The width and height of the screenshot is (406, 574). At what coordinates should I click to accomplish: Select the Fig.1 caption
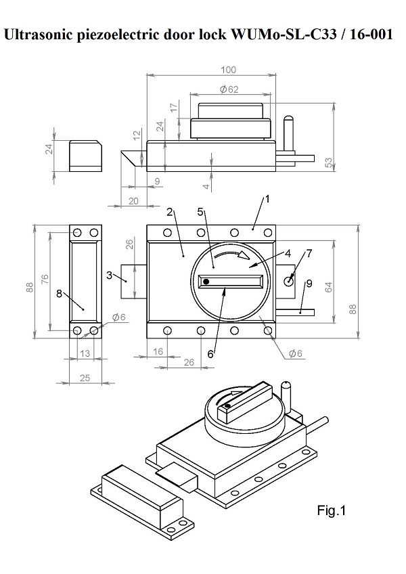[x=331, y=511]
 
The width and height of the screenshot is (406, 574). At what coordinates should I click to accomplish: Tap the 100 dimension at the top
[x=229, y=70]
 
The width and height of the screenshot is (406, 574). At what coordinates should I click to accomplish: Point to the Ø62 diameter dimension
[x=229, y=89]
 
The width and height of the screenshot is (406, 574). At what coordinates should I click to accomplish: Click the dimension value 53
[x=328, y=162]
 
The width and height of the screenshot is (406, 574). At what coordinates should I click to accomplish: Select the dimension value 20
[x=133, y=200]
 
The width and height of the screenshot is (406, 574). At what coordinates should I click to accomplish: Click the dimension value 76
[x=43, y=280]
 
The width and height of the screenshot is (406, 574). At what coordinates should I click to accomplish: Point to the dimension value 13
[x=85, y=353]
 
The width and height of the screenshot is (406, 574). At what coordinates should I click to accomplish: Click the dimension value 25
[x=85, y=378]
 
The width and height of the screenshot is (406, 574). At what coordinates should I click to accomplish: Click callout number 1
[x=267, y=199]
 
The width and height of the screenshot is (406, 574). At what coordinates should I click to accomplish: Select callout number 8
[x=59, y=294]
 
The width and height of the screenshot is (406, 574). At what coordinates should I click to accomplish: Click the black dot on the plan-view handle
[x=206, y=282]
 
